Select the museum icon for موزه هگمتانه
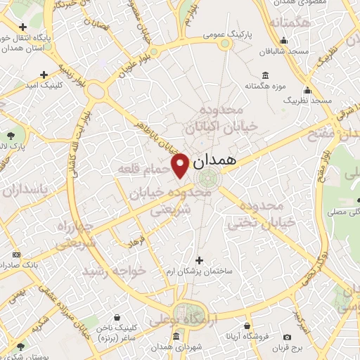click(x=264, y=75)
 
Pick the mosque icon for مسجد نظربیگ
click(x=307, y=90)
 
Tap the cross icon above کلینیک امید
click(x=44, y=74)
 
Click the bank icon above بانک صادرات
click(x=17, y=255)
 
